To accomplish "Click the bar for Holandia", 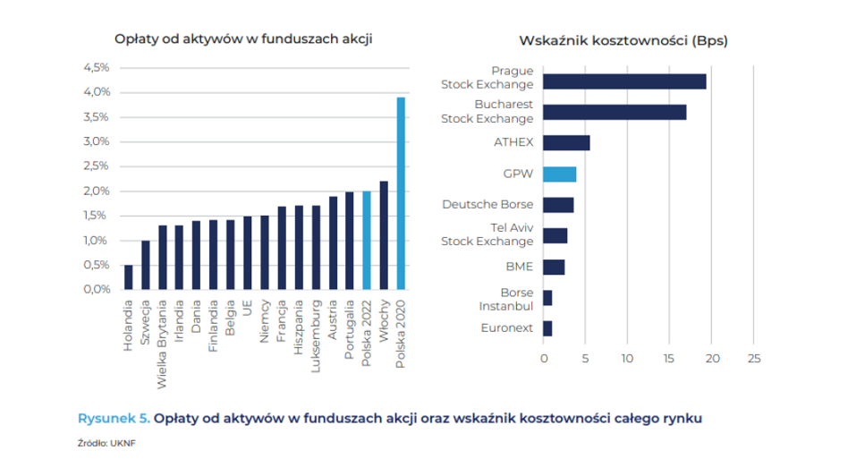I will tap(128, 277).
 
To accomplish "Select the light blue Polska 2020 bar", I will tap(401, 193).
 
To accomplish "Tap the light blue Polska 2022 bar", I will tap(367, 240).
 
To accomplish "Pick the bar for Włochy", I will tap(384, 235).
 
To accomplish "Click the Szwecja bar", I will tap(145, 265).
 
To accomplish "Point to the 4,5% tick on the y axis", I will tap(96, 67).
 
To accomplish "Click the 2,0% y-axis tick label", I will tap(96, 191).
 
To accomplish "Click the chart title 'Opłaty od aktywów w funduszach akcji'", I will tap(243, 38).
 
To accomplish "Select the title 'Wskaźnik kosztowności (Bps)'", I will tap(623, 41).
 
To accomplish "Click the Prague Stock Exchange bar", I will tap(624, 81).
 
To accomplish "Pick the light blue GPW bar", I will tap(559, 174).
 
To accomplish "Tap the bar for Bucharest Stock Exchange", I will tap(615, 112).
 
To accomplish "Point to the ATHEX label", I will tap(513, 142).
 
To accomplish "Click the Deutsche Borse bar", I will tap(558, 205).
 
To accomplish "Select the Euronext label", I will tap(506, 328).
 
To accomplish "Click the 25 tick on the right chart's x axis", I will tap(753, 359).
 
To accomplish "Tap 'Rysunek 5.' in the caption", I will tap(114, 418).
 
